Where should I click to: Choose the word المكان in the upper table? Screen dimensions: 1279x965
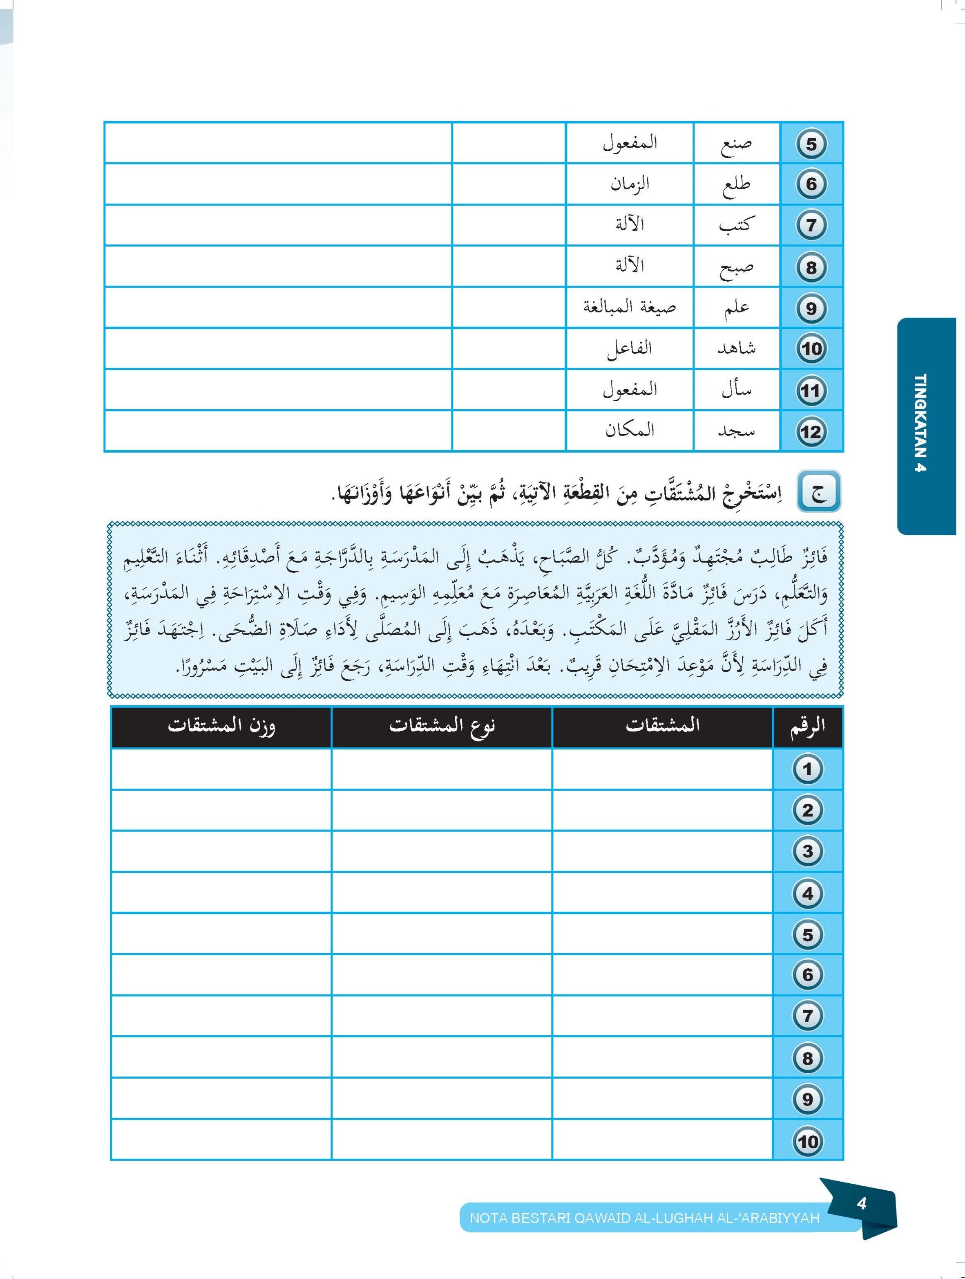point(629,430)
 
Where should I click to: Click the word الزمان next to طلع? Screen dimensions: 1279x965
point(629,184)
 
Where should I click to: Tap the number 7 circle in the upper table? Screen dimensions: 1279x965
point(811,226)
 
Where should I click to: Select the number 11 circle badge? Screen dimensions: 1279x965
point(811,391)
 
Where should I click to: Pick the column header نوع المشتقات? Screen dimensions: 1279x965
point(442,726)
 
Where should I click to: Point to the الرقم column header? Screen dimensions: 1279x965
point(807,726)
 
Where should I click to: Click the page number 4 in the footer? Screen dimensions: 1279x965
point(862,1203)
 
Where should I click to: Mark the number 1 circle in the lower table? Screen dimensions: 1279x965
point(807,770)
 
